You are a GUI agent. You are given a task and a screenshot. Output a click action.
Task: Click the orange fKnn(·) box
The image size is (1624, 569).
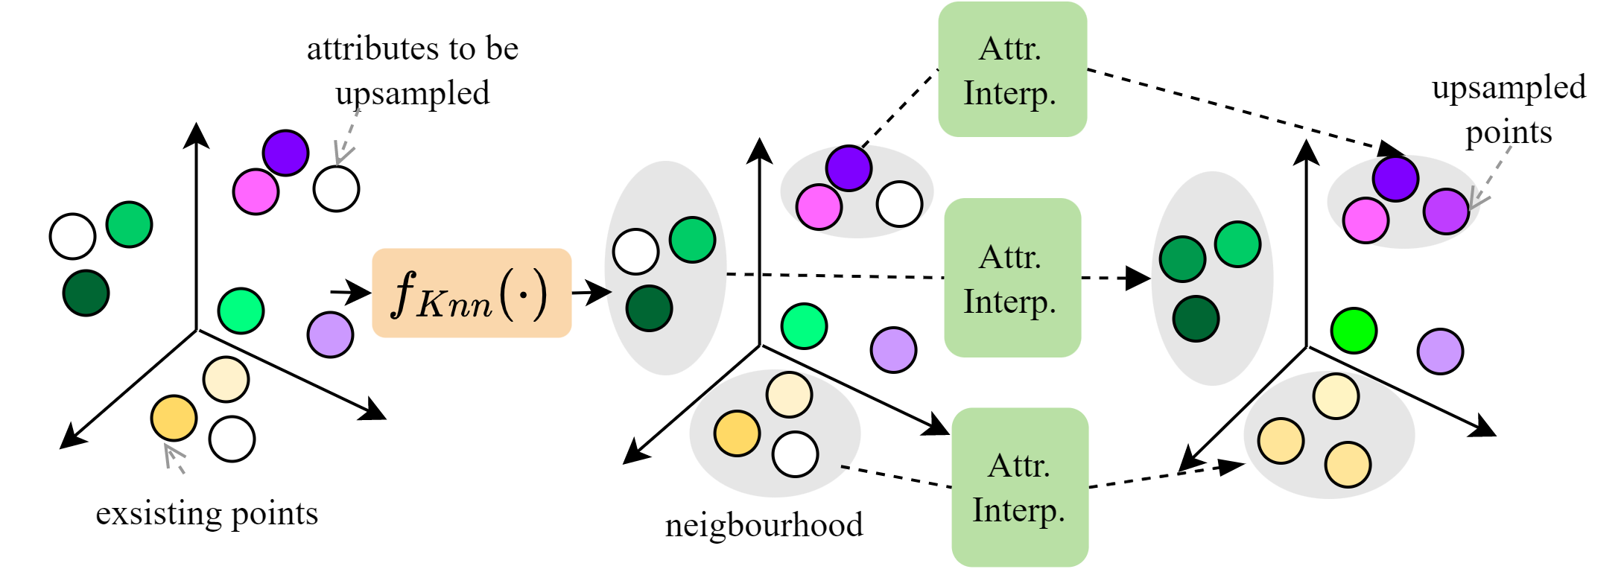click(x=472, y=293)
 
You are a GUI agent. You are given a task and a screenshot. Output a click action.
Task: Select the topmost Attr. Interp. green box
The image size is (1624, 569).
click(x=1012, y=69)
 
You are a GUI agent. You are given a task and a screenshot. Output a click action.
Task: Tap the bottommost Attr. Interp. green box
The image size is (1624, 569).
click(x=1019, y=487)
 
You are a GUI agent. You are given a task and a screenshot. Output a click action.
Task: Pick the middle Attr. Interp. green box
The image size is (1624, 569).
click(x=1012, y=278)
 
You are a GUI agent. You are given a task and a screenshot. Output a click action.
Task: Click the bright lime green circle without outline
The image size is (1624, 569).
click(x=1353, y=331)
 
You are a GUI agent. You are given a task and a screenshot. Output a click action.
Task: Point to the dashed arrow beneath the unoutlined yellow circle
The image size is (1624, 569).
click(x=174, y=457)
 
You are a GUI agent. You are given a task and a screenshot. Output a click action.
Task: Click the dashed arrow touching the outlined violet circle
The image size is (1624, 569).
click(x=1492, y=177)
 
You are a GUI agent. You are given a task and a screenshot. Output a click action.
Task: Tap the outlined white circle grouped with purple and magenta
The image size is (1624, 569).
click(x=899, y=204)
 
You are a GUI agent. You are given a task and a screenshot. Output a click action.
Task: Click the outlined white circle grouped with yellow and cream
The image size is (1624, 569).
click(x=795, y=454)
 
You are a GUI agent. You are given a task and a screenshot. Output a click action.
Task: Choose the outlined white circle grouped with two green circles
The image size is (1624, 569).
click(x=635, y=252)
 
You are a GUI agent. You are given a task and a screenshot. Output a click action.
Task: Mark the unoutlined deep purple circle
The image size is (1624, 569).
click(x=285, y=153)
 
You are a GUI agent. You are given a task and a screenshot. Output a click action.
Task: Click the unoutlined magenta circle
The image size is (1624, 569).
click(x=256, y=191)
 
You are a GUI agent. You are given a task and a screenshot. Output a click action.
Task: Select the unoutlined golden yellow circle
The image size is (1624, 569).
click(x=174, y=419)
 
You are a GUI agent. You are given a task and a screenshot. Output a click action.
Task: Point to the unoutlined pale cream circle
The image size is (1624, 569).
click(x=226, y=379)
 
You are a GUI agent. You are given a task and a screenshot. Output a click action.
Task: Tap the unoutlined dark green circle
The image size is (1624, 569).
click(x=86, y=293)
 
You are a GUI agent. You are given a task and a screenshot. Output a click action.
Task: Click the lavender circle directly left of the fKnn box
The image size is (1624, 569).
click(x=330, y=334)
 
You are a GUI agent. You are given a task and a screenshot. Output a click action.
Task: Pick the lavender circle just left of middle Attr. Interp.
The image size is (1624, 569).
click(x=893, y=349)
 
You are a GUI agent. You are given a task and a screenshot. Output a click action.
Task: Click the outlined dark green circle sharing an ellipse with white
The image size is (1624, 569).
click(x=649, y=308)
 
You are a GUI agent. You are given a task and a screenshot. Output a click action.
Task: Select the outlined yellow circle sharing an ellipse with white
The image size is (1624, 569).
click(x=737, y=433)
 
